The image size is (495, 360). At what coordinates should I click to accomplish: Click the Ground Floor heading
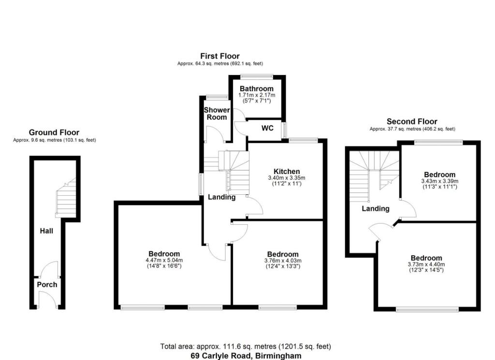(x=54, y=132)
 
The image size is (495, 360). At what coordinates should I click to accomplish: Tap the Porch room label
(x=47, y=285)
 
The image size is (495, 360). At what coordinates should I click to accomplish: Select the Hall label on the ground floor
(x=46, y=231)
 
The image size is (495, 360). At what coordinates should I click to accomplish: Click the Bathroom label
(x=257, y=88)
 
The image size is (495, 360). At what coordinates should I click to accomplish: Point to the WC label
(x=267, y=128)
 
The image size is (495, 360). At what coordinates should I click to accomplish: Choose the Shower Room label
(x=217, y=114)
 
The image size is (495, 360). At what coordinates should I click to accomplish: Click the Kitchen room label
(x=287, y=172)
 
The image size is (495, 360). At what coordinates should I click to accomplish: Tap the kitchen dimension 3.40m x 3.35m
(x=287, y=178)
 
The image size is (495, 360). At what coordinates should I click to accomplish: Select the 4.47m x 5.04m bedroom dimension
(x=164, y=260)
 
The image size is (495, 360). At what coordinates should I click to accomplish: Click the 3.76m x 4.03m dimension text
(x=283, y=260)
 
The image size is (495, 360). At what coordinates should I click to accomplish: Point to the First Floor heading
(x=220, y=56)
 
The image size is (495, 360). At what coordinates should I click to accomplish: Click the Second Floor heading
(x=412, y=121)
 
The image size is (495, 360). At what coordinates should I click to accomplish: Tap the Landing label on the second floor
(x=375, y=209)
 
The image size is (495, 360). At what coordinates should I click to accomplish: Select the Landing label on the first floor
(x=221, y=197)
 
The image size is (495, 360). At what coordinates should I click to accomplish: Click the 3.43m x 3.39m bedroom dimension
(x=440, y=181)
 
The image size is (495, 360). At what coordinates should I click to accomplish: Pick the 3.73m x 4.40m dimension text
(x=426, y=264)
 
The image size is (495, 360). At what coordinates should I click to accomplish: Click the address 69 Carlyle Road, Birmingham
(x=246, y=356)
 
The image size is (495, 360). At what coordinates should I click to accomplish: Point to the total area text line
(x=246, y=346)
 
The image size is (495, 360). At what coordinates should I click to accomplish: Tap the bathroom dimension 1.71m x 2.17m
(x=257, y=95)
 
